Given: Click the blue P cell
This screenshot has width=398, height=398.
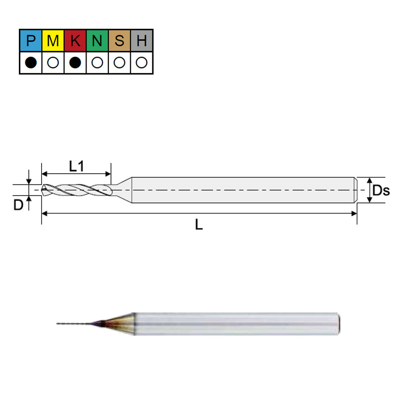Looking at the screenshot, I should tap(31, 40).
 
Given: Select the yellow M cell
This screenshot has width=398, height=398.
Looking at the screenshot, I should tap(53, 40).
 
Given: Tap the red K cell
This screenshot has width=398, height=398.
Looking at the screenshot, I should tap(75, 40).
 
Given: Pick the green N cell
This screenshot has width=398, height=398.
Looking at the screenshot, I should tap(98, 40).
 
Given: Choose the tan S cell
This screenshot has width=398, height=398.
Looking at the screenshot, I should tap(119, 40).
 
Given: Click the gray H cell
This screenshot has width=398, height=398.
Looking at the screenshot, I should tap(142, 40).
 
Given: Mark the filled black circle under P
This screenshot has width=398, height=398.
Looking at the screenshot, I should tap(31, 63).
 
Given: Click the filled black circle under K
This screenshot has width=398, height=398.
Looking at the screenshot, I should tap(75, 63).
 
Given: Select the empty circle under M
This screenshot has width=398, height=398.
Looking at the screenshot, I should tap(53, 63).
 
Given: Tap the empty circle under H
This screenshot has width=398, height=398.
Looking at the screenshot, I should tap(142, 63).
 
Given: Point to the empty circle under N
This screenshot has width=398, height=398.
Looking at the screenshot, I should tap(98, 63).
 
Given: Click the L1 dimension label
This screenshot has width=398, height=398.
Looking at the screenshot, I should tap(76, 166).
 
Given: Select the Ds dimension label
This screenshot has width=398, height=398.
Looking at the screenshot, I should tap(381, 190).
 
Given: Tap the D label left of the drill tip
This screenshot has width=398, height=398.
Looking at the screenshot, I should tap(18, 204).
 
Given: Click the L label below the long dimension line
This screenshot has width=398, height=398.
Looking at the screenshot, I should tap(199, 225).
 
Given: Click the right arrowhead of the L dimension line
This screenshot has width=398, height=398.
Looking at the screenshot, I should tap(354, 213).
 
